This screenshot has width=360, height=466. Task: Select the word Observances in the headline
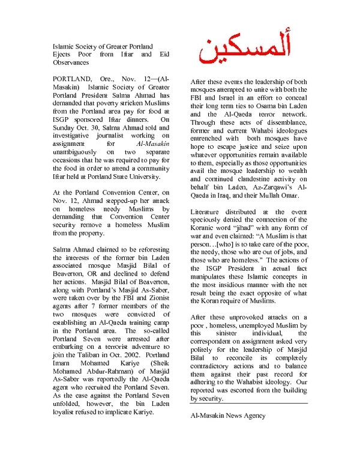coord(71,62)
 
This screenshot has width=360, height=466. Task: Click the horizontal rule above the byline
coord(249,403)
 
